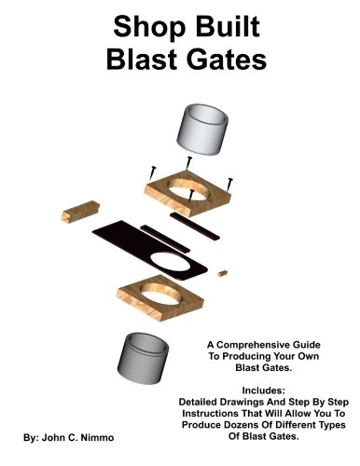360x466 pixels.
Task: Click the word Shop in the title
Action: [x=138, y=28]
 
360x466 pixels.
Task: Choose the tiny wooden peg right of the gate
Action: [x=224, y=272]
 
